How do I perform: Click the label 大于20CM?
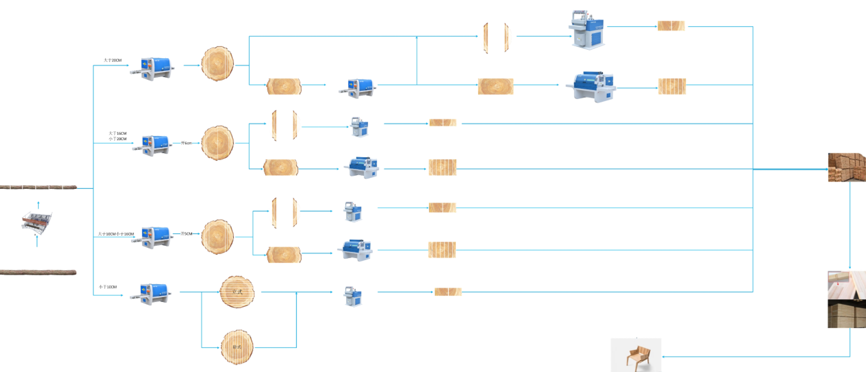112,60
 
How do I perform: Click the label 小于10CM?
108,287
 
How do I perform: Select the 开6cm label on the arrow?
186,143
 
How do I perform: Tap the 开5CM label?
186,234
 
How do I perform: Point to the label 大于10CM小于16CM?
116,234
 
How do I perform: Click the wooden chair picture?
636,355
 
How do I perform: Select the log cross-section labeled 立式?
237,292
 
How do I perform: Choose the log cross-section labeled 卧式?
237,347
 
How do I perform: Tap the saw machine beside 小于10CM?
153,293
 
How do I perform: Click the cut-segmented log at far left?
39,187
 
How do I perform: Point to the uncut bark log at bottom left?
39,272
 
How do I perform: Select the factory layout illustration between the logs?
37,222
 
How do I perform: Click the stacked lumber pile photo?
846,167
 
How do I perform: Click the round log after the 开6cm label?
217,143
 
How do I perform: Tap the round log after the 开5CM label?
217,236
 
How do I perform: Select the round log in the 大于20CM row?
217,64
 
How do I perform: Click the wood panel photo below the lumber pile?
846,299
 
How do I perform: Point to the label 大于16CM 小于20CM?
118,136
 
